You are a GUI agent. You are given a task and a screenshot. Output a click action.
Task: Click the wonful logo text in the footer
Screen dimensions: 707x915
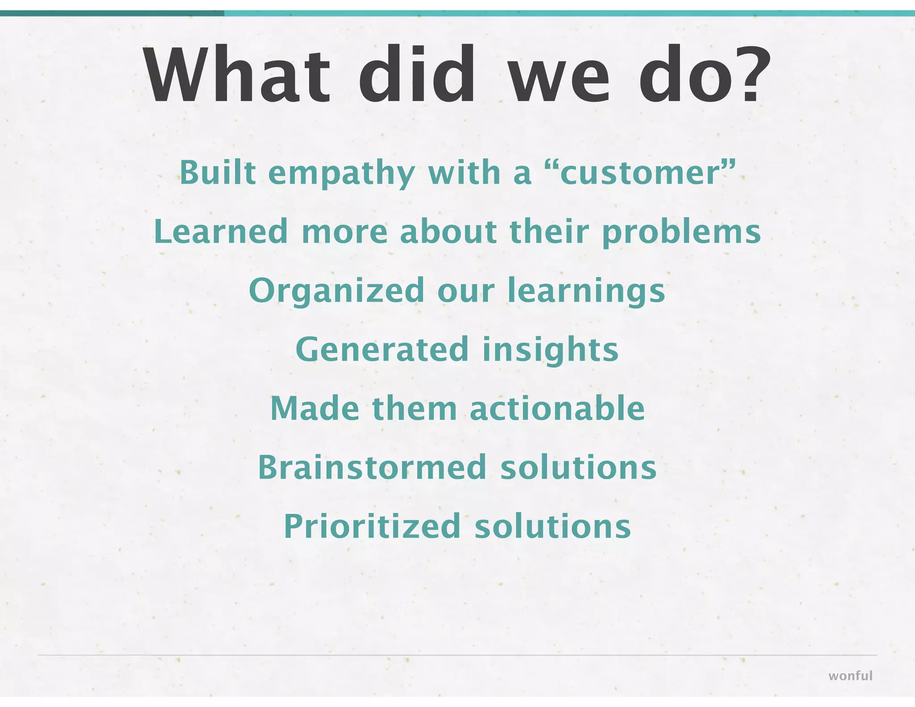[x=850, y=676]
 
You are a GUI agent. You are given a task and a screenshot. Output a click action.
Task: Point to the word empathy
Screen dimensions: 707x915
[x=342, y=173]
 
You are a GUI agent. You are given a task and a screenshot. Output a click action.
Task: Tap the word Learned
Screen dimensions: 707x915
[x=221, y=231]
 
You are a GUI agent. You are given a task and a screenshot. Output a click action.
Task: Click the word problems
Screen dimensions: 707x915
[x=681, y=232]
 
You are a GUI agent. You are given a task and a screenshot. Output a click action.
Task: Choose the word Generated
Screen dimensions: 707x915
[x=382, y=349]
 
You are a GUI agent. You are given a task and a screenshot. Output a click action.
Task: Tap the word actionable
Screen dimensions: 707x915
[x=557, y=408]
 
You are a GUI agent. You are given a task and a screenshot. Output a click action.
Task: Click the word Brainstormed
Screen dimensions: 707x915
[x=372, y=467]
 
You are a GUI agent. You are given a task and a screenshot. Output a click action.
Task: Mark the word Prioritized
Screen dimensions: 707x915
[x=372, y=526]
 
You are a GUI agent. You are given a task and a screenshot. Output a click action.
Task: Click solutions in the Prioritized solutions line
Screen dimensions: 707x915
[x=553, y=526]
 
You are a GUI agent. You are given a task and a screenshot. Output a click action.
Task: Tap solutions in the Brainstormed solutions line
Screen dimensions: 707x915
[x=579, y=467]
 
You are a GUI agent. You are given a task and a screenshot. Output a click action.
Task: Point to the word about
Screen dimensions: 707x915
[x=448, y=231]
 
